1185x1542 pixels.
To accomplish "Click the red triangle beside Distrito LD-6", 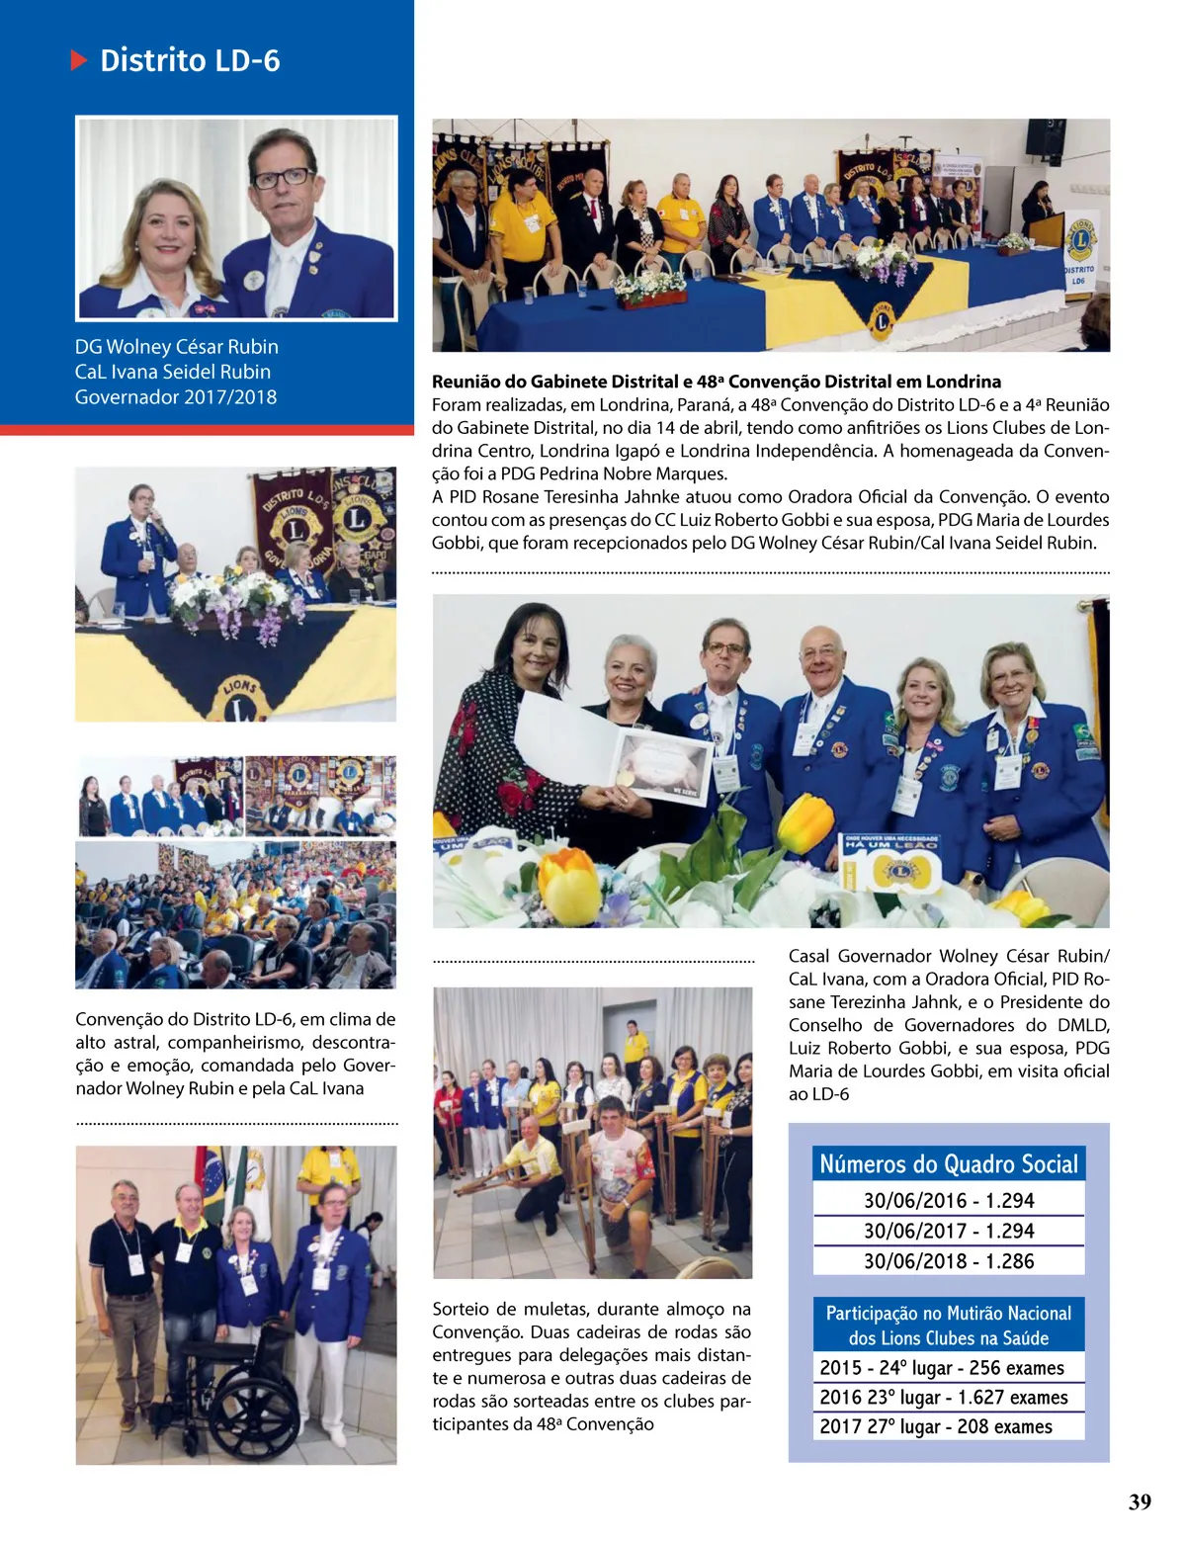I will pos(79,60).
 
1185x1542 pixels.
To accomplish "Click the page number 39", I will pos(1140,1501).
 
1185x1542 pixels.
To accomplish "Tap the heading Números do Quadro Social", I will pos(948,1164).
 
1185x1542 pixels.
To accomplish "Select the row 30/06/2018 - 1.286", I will pos(948,1261).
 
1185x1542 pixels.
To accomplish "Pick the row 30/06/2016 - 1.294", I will pos(948,1201).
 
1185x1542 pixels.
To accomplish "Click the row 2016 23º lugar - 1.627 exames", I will pos(943,1397).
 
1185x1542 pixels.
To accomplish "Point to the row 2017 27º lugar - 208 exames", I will pos(935,1426).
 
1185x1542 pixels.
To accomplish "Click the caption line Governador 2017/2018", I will pos(176,397).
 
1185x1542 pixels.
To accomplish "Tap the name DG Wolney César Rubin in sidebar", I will pos(177,347).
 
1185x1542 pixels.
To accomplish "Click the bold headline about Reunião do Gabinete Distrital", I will pos(717,382).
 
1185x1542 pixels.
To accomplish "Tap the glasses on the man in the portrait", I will pos(283,178).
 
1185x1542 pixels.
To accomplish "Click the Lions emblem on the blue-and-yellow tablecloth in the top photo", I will pos(880,320).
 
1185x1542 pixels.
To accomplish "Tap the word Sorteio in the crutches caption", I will pos(461,1309).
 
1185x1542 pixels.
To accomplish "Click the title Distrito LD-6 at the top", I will pos(190,60).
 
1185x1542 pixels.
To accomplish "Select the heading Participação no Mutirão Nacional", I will pos(948,1325).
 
